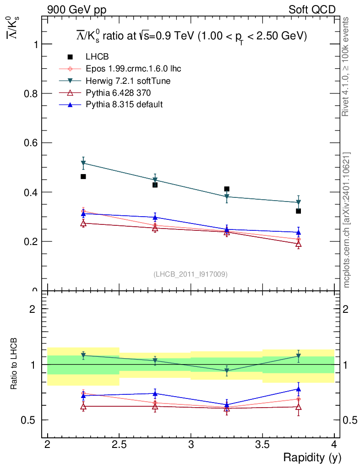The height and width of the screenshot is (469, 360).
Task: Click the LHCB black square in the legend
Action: (70, 57)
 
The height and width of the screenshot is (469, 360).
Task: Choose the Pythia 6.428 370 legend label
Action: (118, 93)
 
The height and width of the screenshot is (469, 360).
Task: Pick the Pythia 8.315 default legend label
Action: (124, 105)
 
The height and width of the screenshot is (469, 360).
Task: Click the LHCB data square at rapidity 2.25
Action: (83, 177)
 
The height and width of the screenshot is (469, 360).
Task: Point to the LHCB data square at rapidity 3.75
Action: (298, 211)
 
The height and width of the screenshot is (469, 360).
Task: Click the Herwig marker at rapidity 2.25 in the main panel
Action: (83, 163)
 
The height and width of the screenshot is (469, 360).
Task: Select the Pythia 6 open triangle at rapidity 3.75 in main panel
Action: (298, 244)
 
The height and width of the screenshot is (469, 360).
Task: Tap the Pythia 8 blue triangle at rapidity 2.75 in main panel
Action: (155, 217)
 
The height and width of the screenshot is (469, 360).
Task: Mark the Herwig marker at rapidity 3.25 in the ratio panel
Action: (227, 371)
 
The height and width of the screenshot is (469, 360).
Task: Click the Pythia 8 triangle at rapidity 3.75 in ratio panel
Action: (298, 389)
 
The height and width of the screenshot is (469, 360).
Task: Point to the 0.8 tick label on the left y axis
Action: (30, 93)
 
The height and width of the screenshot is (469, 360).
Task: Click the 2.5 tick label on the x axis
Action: (119, 444)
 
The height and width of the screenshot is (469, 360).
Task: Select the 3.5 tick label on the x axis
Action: (262, 444)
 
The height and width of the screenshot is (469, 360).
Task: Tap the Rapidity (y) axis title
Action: (312, 457)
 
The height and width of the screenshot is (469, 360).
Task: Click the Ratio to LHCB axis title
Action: (14, 364)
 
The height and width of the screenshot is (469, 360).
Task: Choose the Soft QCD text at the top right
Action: (312, 10)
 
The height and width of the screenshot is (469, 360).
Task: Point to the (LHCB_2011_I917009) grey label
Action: (191, 274)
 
